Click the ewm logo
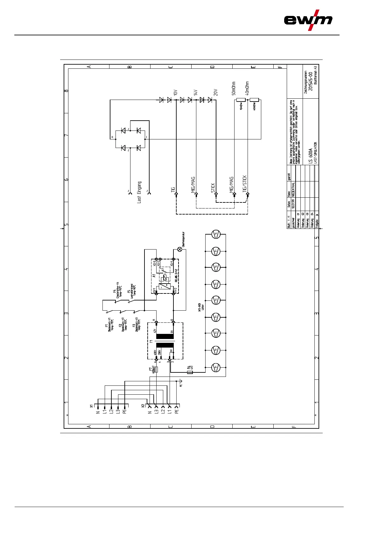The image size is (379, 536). [x=308, y=20]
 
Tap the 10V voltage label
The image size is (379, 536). [x=176, y=92]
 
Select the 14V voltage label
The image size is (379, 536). [x=196, y=92]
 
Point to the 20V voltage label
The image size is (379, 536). [x=216, y=92]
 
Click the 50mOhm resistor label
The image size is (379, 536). [x=234, y=88]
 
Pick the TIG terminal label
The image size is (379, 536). [x=173, y=189]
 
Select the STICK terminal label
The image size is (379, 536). [x=213, y=187]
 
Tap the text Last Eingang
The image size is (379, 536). [x=139, y=192]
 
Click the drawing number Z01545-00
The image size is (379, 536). [x=311, y=81]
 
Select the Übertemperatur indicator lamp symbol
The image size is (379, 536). [x=180, y=249]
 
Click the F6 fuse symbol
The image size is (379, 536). [x=190, y=372]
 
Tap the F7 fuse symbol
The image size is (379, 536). [x=156, y=370]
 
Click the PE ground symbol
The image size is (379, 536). [x=180, y=382]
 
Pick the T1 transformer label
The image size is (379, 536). [x=151, y=341]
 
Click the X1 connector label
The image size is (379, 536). [x=91, y=406]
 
